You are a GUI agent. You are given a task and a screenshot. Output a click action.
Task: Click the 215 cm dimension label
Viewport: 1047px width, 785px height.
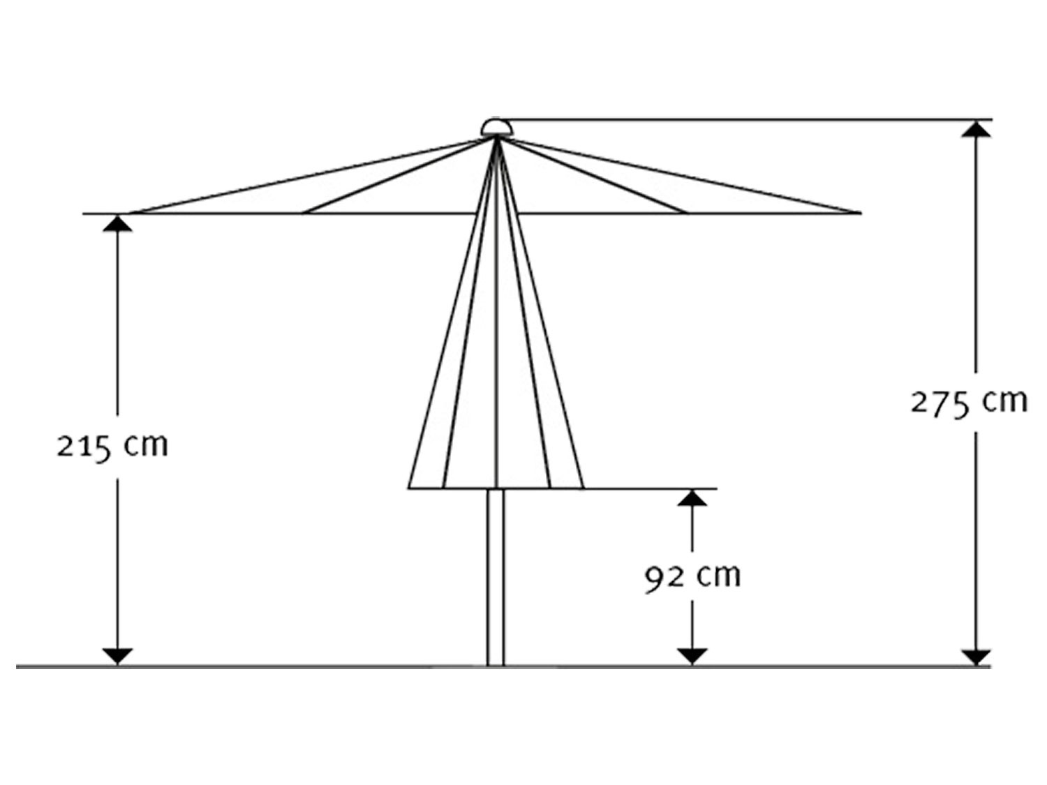[112, 447]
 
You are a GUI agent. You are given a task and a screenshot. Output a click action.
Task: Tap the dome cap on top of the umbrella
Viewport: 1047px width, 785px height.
[496, 127]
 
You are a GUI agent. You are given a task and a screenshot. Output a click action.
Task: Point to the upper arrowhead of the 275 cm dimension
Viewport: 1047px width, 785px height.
[976, 129]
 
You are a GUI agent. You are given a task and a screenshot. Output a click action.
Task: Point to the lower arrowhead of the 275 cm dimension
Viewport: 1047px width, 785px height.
[976, 657]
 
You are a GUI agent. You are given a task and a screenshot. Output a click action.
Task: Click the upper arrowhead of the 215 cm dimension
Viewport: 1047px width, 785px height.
[117, 223]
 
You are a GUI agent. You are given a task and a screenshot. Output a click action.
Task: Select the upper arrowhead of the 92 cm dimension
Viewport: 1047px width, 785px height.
[692, 498]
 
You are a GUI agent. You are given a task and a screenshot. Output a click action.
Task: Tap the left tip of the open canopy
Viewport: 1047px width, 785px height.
[130, 213]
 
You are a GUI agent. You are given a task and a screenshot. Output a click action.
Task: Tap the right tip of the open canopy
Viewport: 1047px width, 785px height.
[856, 213]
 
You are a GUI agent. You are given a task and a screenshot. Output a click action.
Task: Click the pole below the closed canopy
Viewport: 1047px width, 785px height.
[496, 577]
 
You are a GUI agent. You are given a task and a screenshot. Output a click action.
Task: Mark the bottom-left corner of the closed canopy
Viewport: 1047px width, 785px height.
[409, 488]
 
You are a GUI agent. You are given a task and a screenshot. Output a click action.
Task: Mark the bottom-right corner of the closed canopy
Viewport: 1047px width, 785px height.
[584, 488]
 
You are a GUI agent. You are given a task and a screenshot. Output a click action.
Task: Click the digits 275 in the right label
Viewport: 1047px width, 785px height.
[940, 404]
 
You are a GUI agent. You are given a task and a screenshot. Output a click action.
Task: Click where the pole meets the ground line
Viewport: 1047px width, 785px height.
[496, 666]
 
